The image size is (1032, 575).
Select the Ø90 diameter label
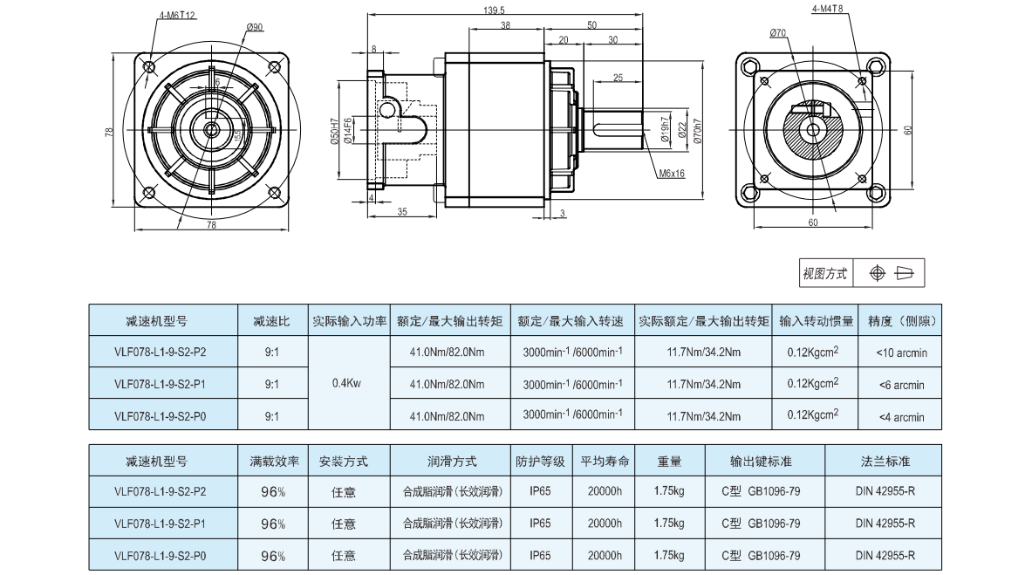pos(256,28)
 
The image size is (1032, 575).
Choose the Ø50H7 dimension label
pos(335,133)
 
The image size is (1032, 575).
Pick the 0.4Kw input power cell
pos(348,383)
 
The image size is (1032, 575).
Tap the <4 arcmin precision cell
pos(901,416)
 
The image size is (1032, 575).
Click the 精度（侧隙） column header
pos(901,321)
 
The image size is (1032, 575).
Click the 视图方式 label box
pos(825,274)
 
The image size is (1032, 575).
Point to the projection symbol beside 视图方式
pos(889,274)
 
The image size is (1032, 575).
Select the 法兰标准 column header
pos(885,461)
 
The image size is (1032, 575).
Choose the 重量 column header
pos(668,461)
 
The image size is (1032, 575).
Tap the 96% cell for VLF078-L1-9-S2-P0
pos(273,555)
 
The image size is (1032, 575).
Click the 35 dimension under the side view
pos(402,212)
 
